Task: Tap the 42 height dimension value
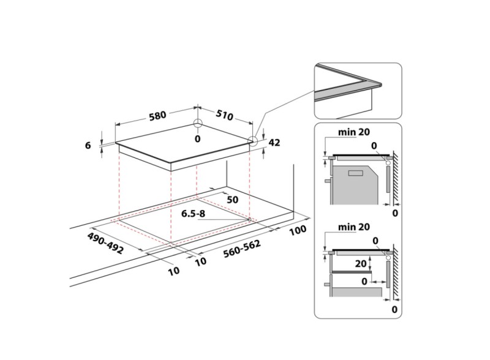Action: pyautogui.click(x=274, y=143)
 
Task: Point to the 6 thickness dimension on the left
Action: pyautogui.click(x=88, y=145)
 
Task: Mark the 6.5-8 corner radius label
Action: pyautogui.click(x=194, y=214)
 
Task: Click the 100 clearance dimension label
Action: pyautogui.click(x=298, y=231)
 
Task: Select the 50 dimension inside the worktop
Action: pyautogui.click(x=233, y=200)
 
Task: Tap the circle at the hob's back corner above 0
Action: pyautogui.click(x=197, y=124)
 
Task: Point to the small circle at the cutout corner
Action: pyautogui.click(x=250, y=219)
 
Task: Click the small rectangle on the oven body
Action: pyautogui.click(x=356, y=174)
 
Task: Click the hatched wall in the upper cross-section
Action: pyautogui.click(x=397, y=178)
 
